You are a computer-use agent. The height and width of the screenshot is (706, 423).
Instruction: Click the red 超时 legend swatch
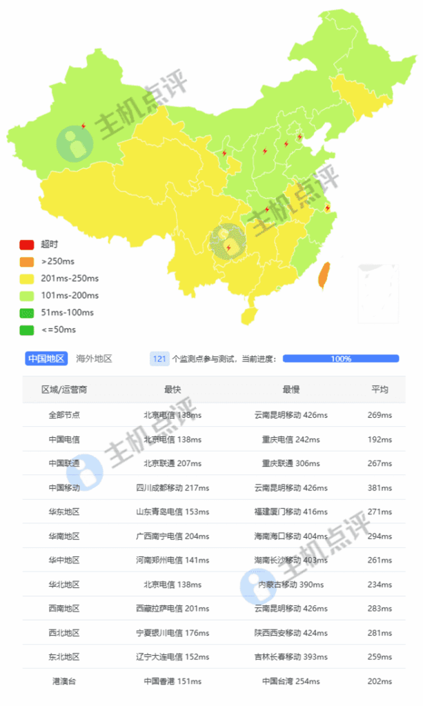[26, 244]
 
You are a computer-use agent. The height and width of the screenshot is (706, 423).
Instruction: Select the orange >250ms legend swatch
[26, 261]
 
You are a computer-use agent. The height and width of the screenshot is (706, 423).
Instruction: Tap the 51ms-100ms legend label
[67, 312]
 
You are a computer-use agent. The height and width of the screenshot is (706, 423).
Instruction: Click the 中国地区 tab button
[46, 359]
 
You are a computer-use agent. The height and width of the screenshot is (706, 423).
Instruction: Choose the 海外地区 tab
[94, 359]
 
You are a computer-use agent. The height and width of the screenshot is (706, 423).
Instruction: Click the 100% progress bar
[341, 359]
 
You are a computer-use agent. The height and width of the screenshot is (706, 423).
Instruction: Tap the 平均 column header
[380, 390]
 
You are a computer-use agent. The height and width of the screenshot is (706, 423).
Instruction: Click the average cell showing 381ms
[380, 487]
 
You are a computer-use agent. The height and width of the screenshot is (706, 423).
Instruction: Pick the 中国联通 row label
[64, 463]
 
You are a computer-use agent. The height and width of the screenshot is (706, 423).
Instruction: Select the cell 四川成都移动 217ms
[173, 487]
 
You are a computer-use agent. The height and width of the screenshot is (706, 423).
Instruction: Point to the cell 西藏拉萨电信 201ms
[173, 608]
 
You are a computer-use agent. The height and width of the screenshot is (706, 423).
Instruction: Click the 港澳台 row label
[64, 681]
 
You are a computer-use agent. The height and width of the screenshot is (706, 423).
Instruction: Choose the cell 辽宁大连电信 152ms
[173, 656]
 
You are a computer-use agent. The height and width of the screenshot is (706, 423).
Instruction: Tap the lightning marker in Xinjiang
[83, 126]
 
